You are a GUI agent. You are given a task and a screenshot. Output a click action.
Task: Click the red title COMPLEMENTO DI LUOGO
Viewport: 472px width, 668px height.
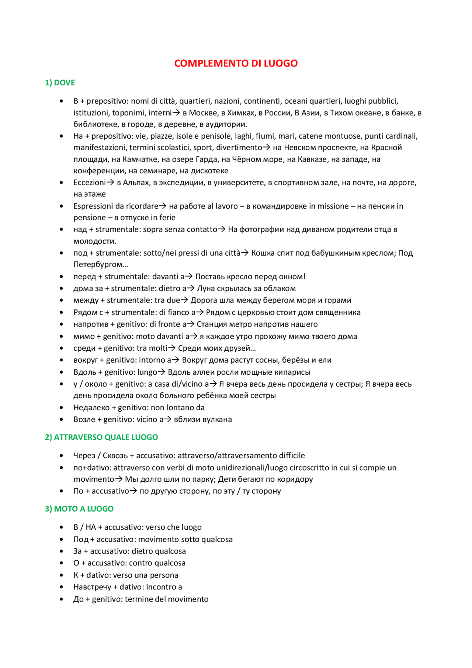click(236, 63)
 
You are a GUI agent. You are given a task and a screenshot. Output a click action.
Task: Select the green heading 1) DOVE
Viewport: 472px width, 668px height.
click(60, 83)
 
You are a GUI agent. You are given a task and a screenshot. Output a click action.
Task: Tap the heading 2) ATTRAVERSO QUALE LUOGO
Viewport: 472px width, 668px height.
click(101, 437)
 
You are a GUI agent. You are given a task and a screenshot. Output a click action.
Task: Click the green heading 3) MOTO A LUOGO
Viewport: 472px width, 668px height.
click(79, 509)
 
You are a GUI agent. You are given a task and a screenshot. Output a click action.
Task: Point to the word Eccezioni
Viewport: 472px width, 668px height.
click(89, 183)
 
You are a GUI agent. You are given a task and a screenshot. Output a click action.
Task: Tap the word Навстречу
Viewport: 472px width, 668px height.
click(92, 587)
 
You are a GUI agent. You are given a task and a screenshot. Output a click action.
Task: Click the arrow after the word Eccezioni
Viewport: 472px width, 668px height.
click(111, 183)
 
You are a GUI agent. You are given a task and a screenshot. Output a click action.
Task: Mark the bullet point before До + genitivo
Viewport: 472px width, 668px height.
click(61, 599)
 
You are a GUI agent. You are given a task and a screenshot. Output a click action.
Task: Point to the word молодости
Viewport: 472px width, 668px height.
click(94, 241)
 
